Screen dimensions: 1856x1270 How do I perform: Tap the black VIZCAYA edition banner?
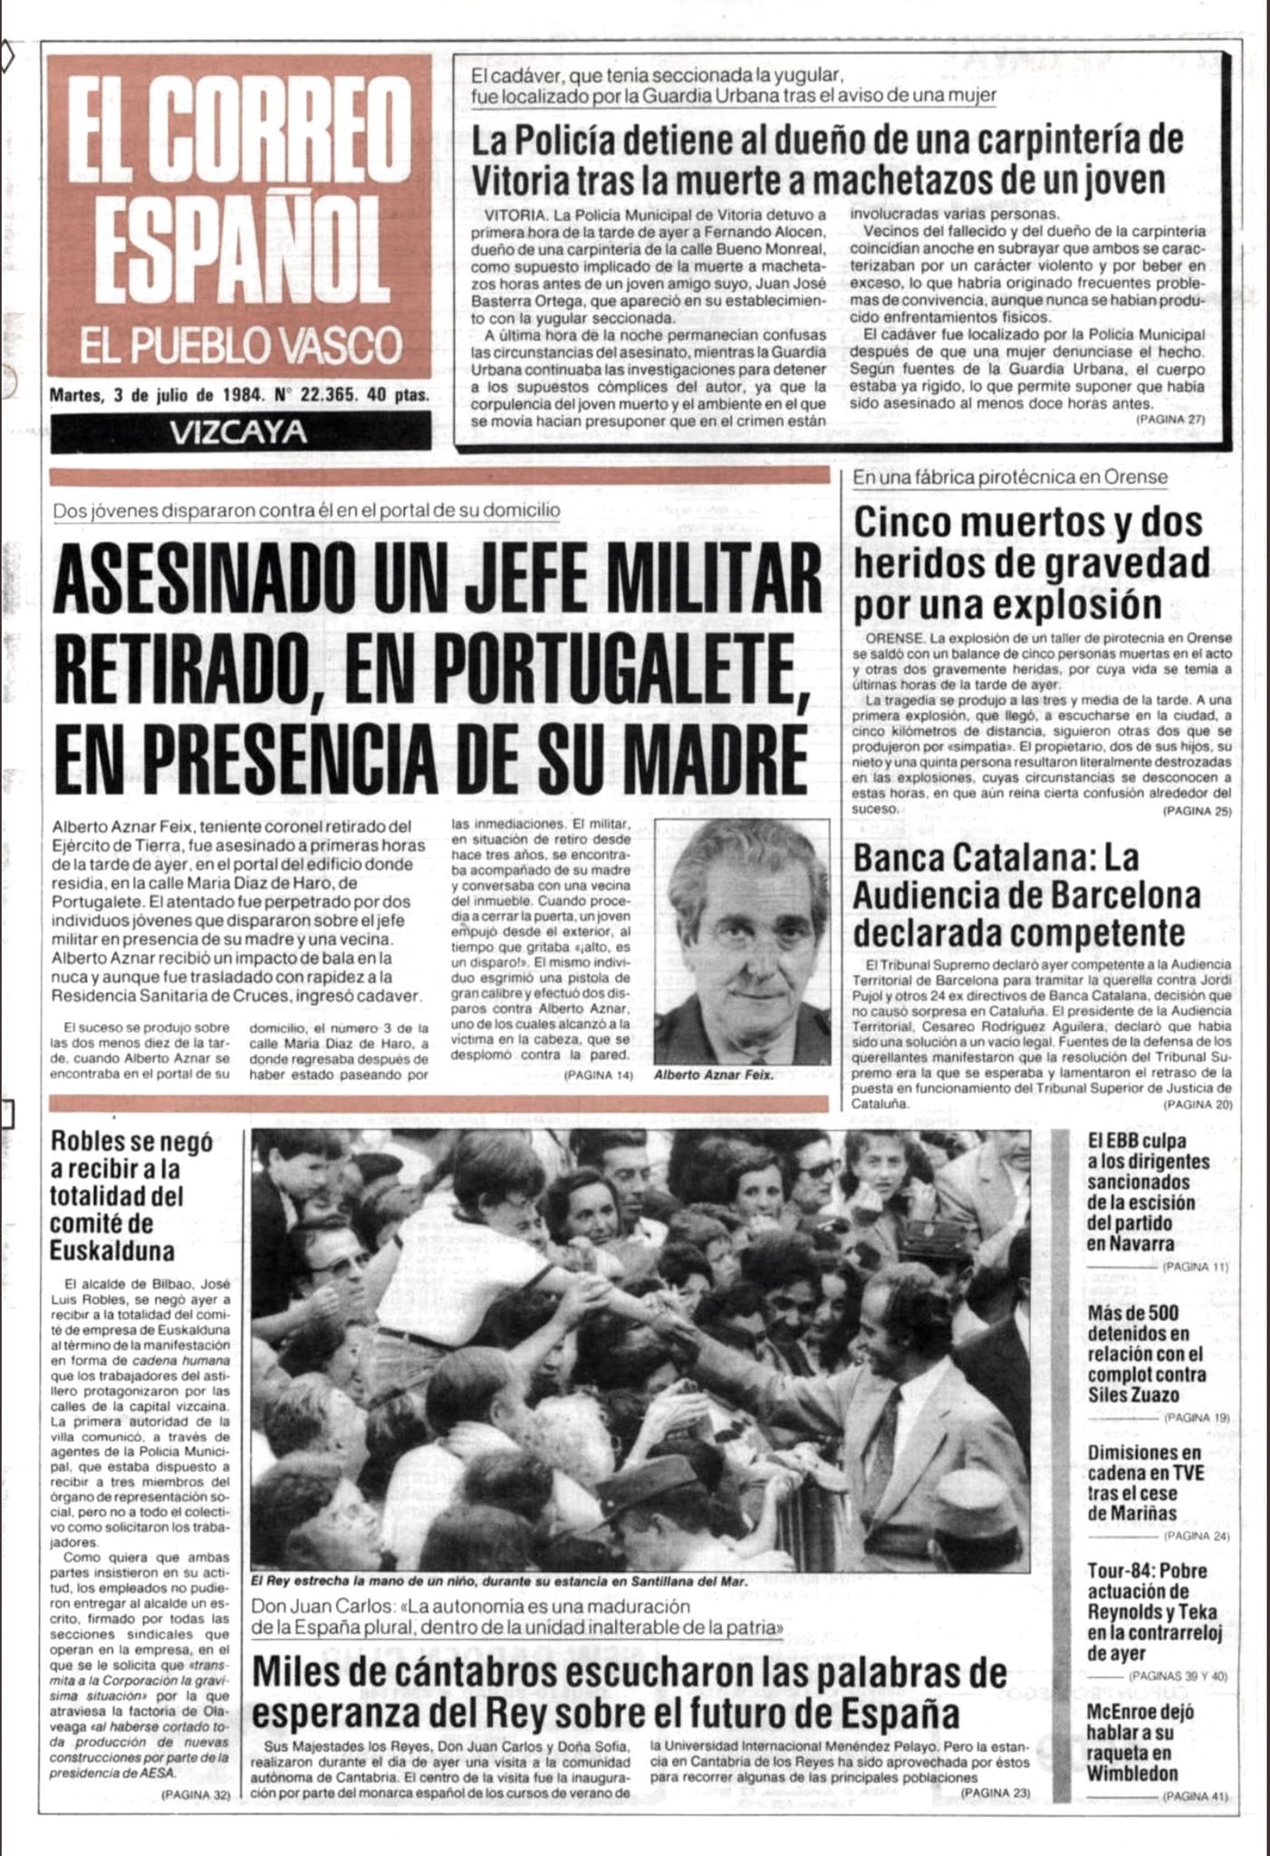tap(239, 433)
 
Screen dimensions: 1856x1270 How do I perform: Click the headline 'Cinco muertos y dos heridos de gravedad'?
tap(1032, 563)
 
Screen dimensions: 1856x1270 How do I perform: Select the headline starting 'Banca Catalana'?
tap(1027, 895)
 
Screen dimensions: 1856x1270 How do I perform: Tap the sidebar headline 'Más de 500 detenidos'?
tap(1146, 1364)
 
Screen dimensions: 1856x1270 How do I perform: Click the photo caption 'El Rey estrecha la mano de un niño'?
tap(499, 1580)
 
